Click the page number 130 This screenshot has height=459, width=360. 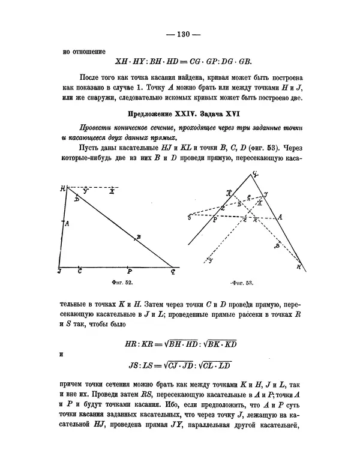click(x=179, y=34)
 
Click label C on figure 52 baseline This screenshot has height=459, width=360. click(x=80, y=271)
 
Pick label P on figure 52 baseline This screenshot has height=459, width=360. click(x=130, y=271)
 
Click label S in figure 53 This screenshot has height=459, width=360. click(x=190, y=216)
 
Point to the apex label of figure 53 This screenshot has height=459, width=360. click(x=255, y=175)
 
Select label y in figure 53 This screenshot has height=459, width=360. click(x=209, y=260)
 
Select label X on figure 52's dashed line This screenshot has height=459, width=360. click(x=112, y=191)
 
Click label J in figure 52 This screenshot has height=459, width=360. click(x=59, y=271)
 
